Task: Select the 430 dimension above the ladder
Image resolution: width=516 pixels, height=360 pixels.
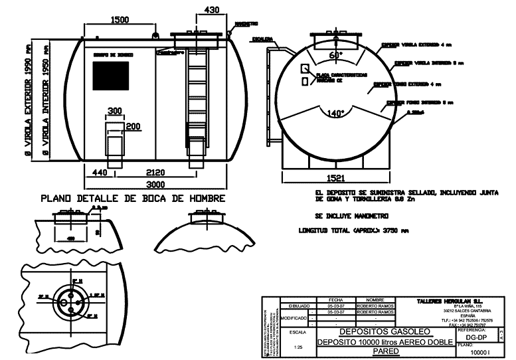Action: (x=211, y=10)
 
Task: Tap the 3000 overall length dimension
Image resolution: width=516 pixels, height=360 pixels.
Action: (x=157, y=184)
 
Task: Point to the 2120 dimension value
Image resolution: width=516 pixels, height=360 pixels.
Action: (x=156, y=172)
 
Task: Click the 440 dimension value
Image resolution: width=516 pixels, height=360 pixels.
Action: (x=100, y=172)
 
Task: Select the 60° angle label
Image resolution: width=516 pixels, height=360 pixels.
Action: (x=336, y=55)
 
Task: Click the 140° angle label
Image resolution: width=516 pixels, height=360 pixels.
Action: (x=337, y=114)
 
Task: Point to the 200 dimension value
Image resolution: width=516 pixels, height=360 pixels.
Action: (x=133, y=126)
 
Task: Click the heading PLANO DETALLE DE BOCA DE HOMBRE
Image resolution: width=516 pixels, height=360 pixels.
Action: (x=133, y=198)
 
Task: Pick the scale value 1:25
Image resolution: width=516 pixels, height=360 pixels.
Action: (x=298, y=347)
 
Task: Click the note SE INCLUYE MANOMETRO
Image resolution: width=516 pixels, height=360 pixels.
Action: (x=352, y=217)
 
